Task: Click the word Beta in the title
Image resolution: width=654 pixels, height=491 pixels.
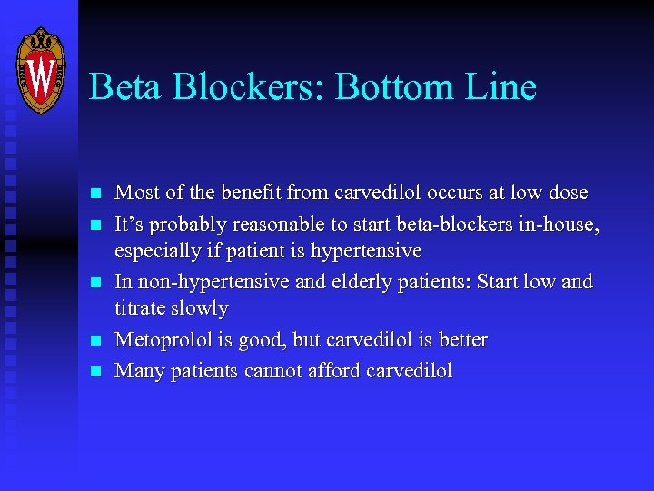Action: (x=125, y=88)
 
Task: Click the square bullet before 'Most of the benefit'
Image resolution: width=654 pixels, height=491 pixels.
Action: (x=94, y=194)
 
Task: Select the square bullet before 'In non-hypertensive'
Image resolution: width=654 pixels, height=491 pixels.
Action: (x=94, y=282)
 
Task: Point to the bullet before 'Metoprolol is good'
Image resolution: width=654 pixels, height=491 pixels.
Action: (x=94, y=342)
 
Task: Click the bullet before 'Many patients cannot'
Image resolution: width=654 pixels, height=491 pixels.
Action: (x=94, y=372)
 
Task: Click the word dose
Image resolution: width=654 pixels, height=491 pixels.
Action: (x=568, y=193)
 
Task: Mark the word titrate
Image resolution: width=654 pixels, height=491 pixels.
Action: (x=139, y=308)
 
